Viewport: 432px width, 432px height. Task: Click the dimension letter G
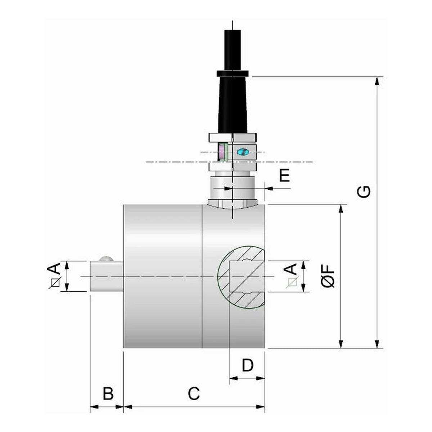point(364,192)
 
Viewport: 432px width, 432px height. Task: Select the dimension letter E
point(284,175)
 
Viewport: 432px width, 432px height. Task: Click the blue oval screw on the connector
point(243,152)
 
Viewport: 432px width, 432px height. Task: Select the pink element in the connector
point(221,151)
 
